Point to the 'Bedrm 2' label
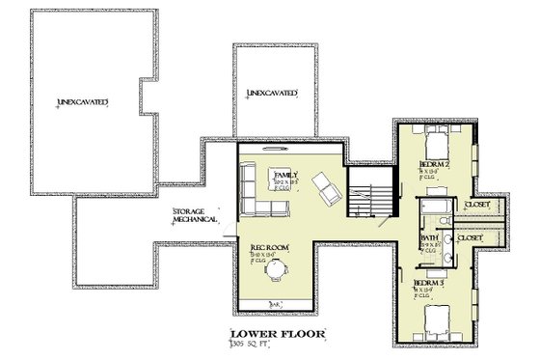tap(431, 165)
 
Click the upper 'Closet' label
tap(476, 206)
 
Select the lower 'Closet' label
tap(471, 237)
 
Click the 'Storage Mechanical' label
tap(193, 215)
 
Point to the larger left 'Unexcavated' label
tap(82, 100)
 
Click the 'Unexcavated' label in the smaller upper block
tap(271, 94)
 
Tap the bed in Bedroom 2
tap(437, 144)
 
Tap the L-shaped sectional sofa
tap(256, 192)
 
